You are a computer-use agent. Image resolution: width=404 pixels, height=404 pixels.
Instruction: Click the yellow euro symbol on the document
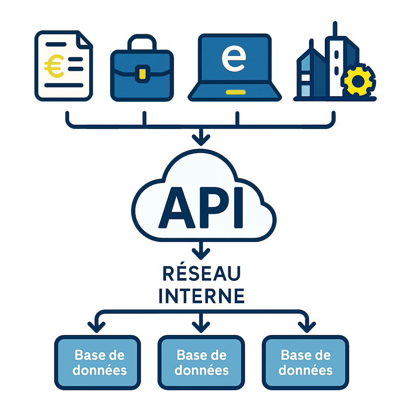(54, 67)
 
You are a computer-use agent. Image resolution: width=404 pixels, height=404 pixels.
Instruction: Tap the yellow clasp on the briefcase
(142, 73)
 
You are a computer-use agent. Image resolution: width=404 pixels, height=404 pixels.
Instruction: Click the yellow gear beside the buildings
(358, 80)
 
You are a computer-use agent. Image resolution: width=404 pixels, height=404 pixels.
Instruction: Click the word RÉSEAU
(202, 274)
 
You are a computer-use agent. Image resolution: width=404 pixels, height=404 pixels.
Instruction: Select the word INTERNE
(202, 296)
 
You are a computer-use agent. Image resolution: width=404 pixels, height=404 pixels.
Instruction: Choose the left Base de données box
(97, 363)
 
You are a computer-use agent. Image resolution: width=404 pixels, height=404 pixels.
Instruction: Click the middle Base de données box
(201, 363)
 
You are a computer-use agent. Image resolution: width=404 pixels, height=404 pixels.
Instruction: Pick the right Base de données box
(305, 363)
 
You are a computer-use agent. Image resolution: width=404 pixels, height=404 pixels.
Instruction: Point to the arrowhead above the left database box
(97, 326)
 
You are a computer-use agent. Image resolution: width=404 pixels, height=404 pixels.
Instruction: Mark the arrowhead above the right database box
(307, 326)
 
